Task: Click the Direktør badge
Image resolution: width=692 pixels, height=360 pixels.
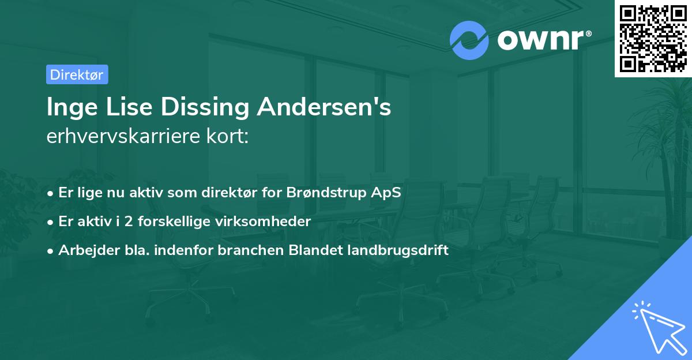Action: (77, 74)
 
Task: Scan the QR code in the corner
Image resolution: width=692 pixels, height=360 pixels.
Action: (652, 38)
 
